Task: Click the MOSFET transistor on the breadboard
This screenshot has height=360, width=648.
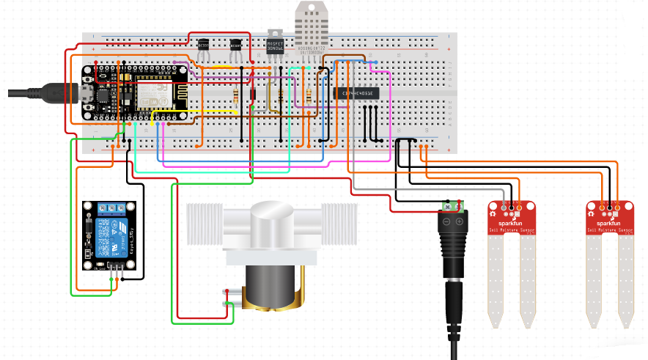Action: [x=275, y=44]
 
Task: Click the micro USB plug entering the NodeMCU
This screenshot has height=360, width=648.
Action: [x=62, y=92]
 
